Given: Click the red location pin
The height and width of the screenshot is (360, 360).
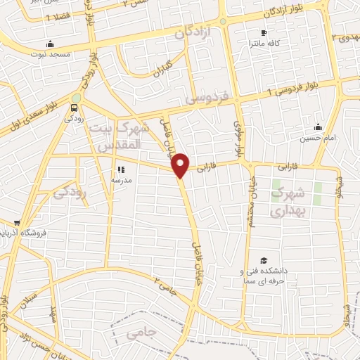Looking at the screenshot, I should [x=181, y=165].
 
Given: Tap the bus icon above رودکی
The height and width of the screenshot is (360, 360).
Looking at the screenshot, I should [x=74, y=108].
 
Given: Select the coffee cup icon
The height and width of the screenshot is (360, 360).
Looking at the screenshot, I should [x=264, y=32].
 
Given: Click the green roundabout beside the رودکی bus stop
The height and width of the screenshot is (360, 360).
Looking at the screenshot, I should [x=76, y=98].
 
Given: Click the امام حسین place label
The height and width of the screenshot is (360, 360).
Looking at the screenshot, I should [x=317, y=138].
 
